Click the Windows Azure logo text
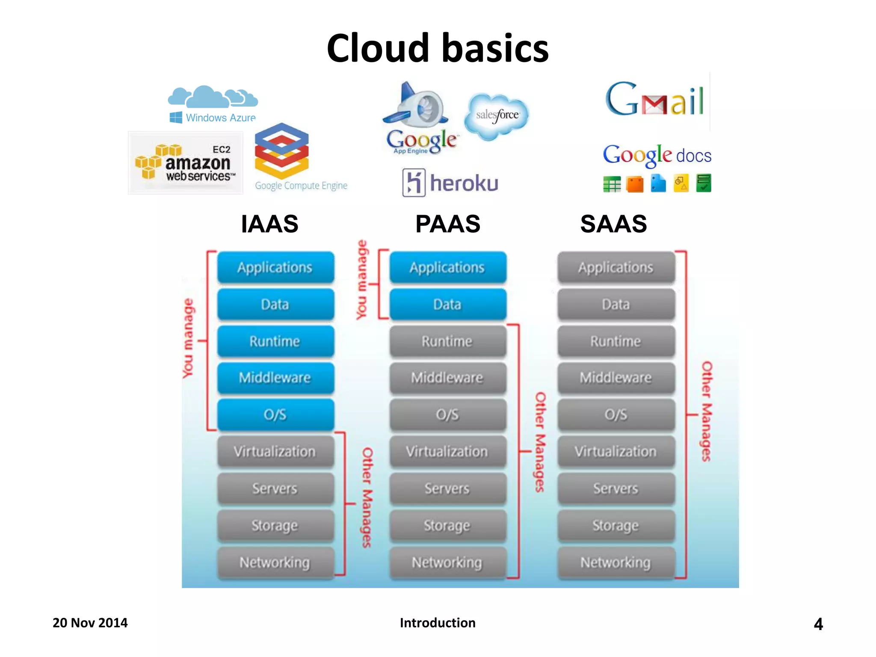[220, 118]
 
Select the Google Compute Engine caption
[301, 186]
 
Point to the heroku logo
[451, 183]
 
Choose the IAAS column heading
[269, 224]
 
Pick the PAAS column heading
[447, 224]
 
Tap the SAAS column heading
[613, 224]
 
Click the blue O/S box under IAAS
[275, 414]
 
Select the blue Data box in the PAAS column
[447, 304]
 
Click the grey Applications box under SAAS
[616, 267]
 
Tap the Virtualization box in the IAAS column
[275, 451]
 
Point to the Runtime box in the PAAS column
[447, 341]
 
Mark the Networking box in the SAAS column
[616, 562]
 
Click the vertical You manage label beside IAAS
[188, 338]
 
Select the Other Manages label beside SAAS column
[707, 411]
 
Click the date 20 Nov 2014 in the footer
[90, 622]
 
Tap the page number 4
[818, 624]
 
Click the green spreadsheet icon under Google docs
[612, 184]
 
